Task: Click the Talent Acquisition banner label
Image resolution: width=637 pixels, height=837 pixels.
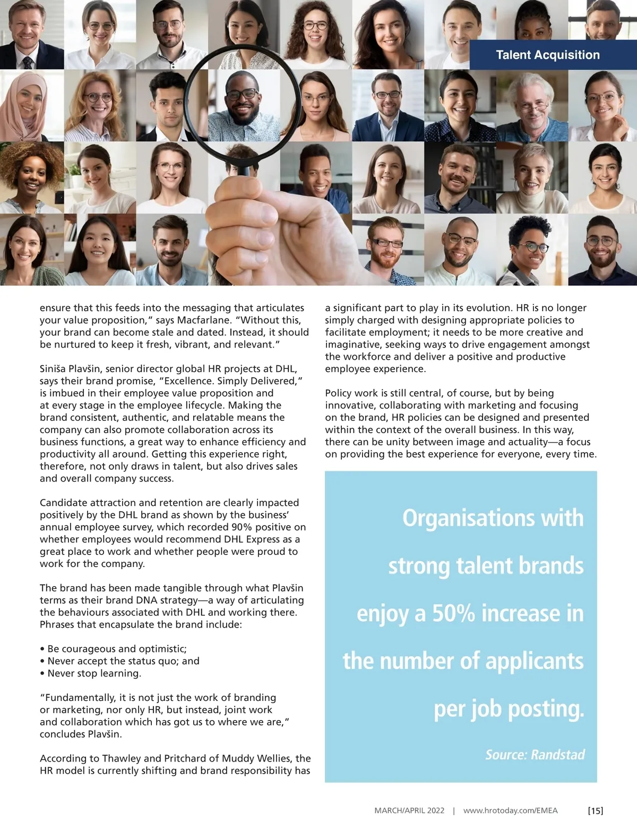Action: coord(547,55)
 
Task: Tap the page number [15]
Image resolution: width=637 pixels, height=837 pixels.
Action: coord(595,810)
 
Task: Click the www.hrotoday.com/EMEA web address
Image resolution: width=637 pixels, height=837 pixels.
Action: coord(510,810)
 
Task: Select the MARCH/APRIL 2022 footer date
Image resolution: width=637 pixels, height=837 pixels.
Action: coord(409,810)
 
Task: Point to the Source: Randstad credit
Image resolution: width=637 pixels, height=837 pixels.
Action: coord(535,755)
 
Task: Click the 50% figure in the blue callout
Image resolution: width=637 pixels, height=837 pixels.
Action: coord(453,613)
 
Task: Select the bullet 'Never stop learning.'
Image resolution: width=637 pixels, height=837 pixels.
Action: coord(94,673)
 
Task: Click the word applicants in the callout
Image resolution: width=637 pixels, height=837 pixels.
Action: coord(534,661)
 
